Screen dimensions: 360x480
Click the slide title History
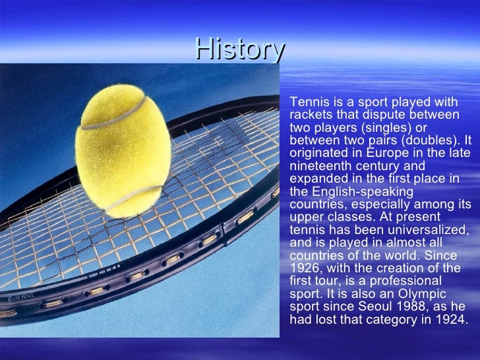coord(240,49)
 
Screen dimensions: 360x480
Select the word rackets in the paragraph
coord(310,115)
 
